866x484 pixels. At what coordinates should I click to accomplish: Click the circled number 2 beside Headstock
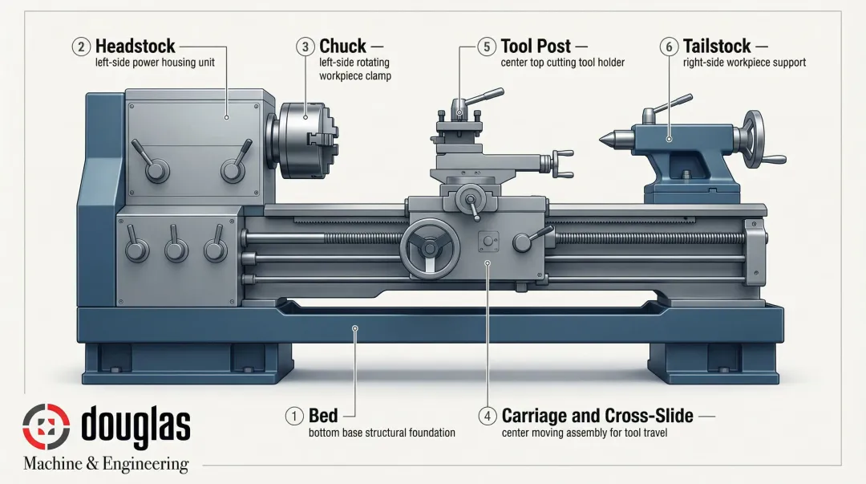[81, 47]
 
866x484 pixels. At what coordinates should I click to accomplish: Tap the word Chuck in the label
[342, 47]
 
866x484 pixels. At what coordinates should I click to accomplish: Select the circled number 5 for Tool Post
[487, 47]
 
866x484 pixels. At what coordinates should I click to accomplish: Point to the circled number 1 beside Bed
[295, 416]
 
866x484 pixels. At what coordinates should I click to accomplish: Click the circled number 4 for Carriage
[487, 416]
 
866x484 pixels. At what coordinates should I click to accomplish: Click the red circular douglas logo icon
[47, 426]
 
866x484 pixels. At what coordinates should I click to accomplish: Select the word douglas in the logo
[136, 425]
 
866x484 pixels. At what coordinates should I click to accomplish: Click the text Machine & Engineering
[106, 464]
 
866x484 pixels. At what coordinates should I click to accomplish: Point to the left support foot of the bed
[188, 361]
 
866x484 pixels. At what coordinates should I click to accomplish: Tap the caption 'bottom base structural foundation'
[382, 433]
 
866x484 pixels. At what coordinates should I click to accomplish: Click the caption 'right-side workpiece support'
[744, 63]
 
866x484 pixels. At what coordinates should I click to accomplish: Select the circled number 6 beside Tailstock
[669, 47]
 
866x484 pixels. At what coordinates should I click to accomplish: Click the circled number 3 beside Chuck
[305, 47]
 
